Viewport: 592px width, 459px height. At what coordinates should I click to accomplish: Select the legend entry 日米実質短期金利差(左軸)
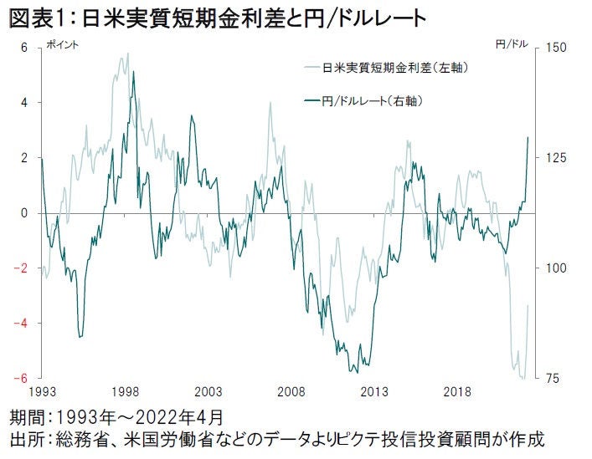tap(394, 67)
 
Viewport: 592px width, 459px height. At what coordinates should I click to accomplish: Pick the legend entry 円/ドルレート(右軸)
tap(373, 101)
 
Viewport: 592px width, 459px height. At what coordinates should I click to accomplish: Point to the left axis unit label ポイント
tap(61, 44)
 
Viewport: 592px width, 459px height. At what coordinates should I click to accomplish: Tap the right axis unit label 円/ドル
tap(512, 44)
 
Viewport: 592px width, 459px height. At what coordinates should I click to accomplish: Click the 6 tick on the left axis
tap(25, 48)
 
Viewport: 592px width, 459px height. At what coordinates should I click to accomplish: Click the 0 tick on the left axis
tap(25, 213)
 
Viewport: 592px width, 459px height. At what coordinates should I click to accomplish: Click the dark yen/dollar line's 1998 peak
tap(133, 73)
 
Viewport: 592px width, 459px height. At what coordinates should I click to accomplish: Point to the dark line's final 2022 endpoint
tap(528, 137)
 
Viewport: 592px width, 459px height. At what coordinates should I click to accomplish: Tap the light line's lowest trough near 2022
tap(523, 378)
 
